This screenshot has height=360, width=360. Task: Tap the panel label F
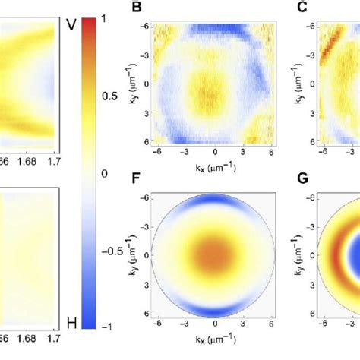click(137, 180)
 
